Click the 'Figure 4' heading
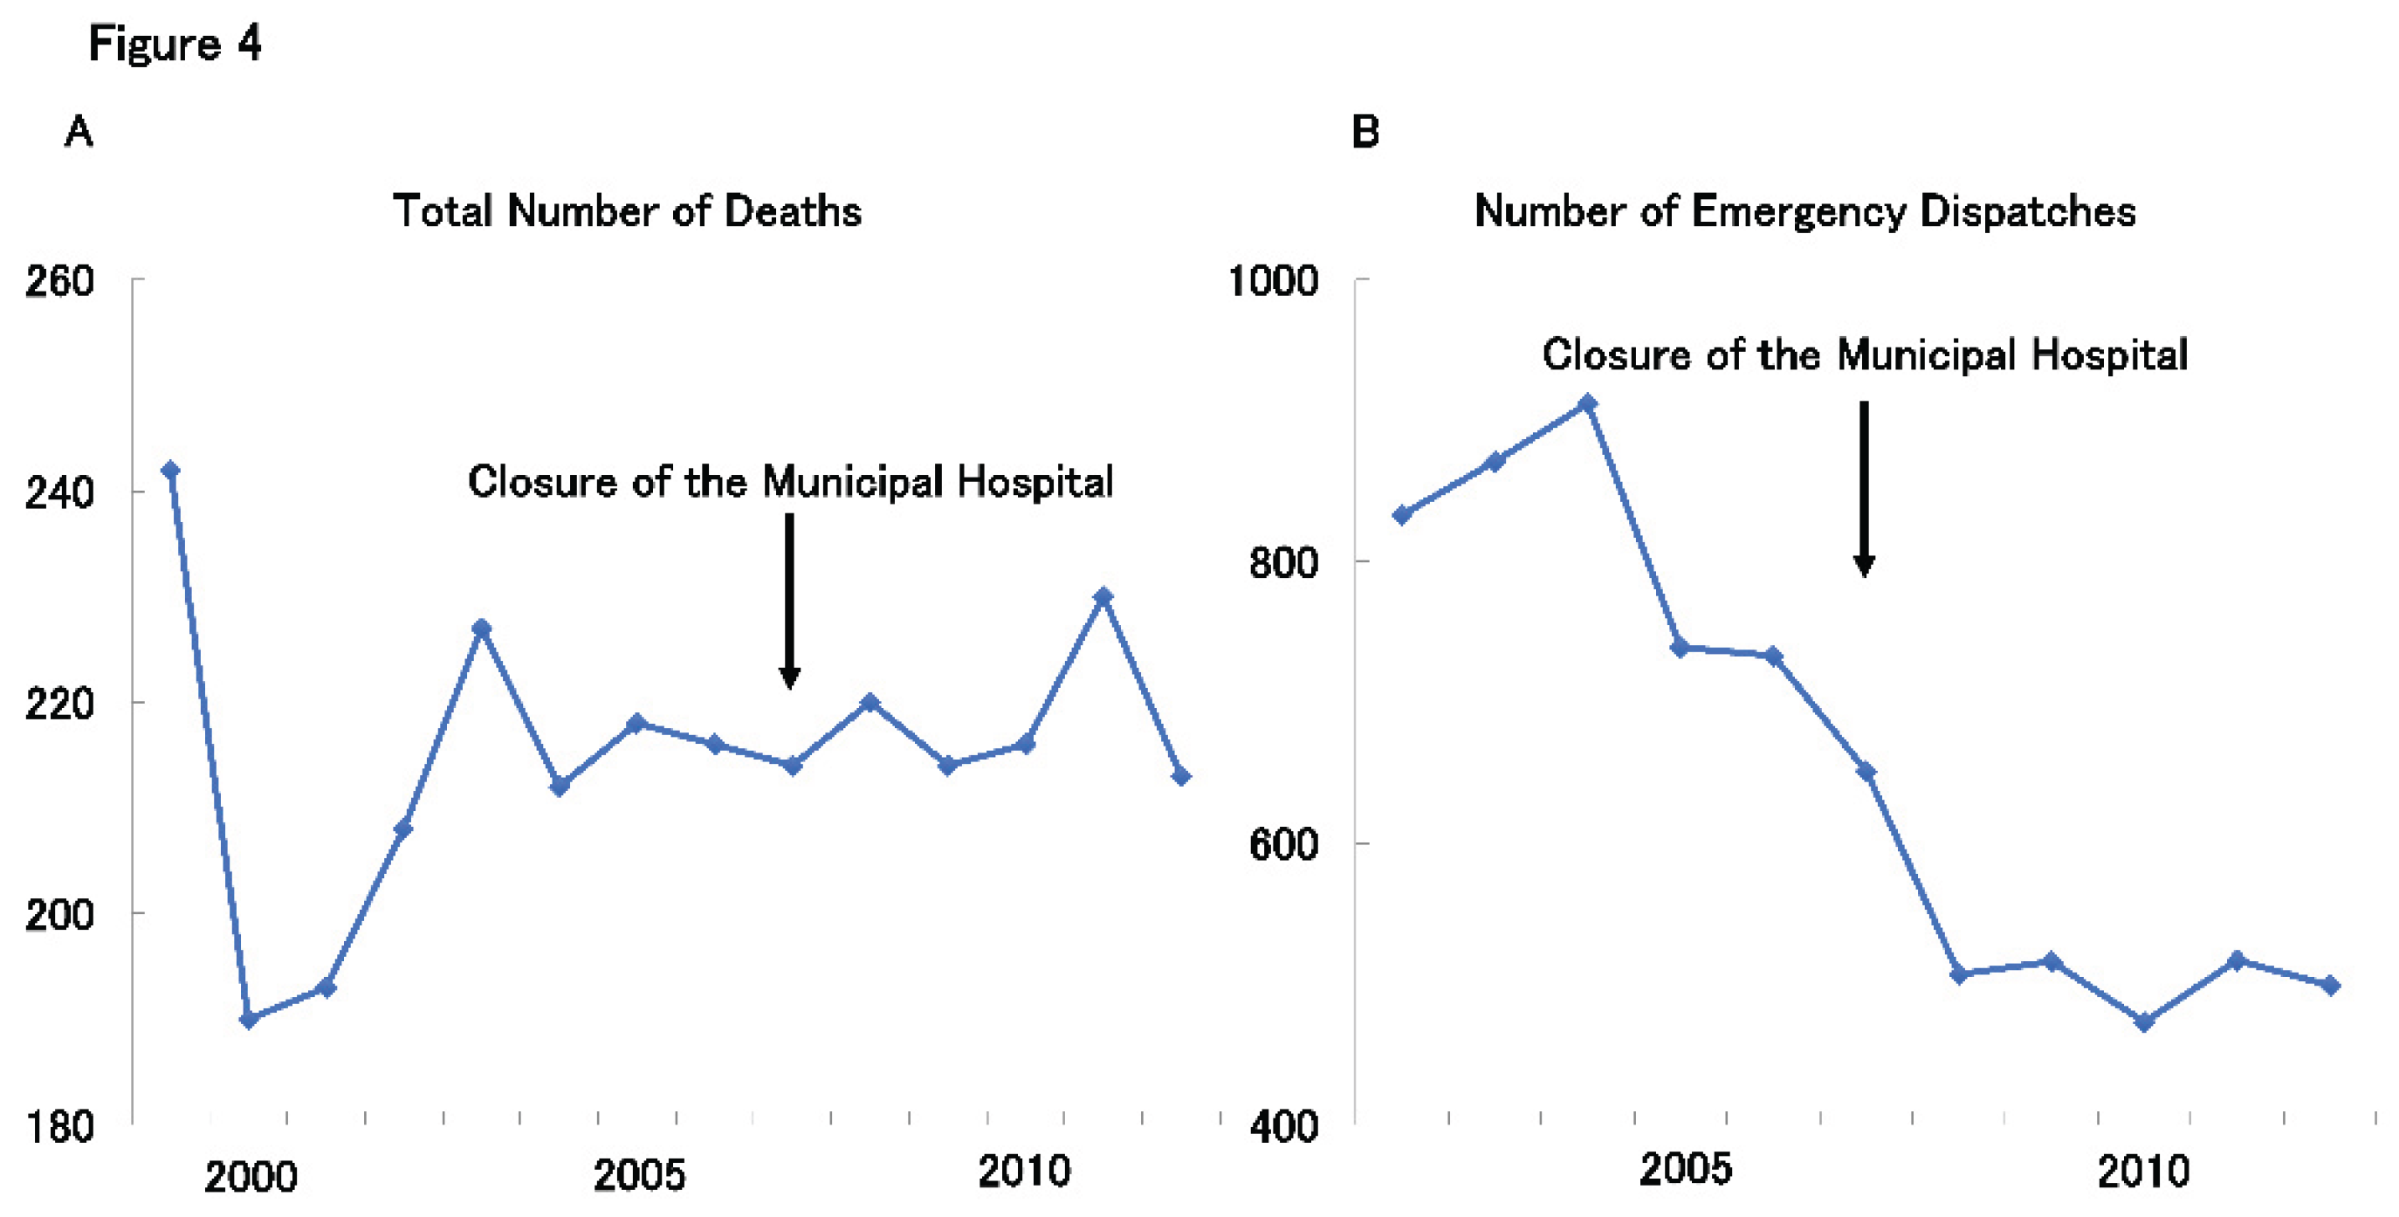pos(175,44)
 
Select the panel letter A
pos(79,131)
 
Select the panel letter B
pos(1365,131)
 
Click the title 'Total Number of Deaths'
pos(627,210)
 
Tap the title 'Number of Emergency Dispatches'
pos(1804,212)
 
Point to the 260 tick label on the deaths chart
pos(59,280)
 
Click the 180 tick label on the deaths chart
pos(59,1127)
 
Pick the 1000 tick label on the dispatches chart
pos(1273,280)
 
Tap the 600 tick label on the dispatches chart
pos(1284,843)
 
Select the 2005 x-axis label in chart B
pos(1685,1170)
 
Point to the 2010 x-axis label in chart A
pos(1024,1172)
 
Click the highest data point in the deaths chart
pos(170,471)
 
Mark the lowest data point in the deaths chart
pos(249,1020)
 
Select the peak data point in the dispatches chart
pos(1588,404)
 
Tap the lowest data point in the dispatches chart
pos(2144,1022)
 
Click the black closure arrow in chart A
pos(790,602)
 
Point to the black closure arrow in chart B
pos(1864,490)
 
